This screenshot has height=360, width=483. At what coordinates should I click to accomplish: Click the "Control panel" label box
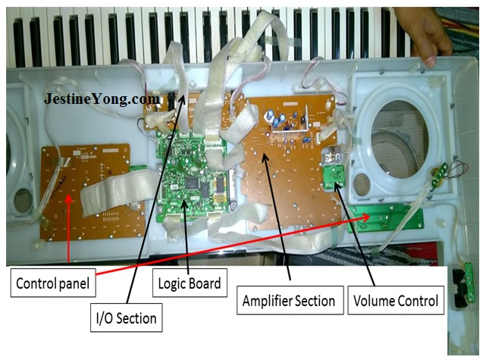tap(54, 285)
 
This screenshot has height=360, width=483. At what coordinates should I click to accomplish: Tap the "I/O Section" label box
tap(126, 318)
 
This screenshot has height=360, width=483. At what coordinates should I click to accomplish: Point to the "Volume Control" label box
tap(396, 300)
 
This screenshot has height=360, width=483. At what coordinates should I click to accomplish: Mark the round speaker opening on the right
tap(401, 148)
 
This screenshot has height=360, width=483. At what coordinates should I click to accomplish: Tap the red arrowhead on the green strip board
tap(369, 216)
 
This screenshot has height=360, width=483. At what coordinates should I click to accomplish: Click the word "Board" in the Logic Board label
tap(205, 283)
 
